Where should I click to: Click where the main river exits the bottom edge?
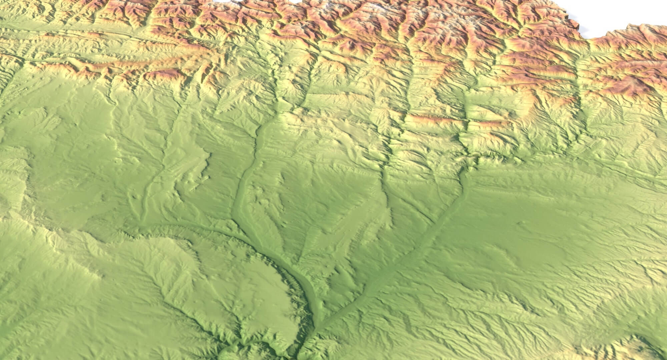[x=298, y=357]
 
